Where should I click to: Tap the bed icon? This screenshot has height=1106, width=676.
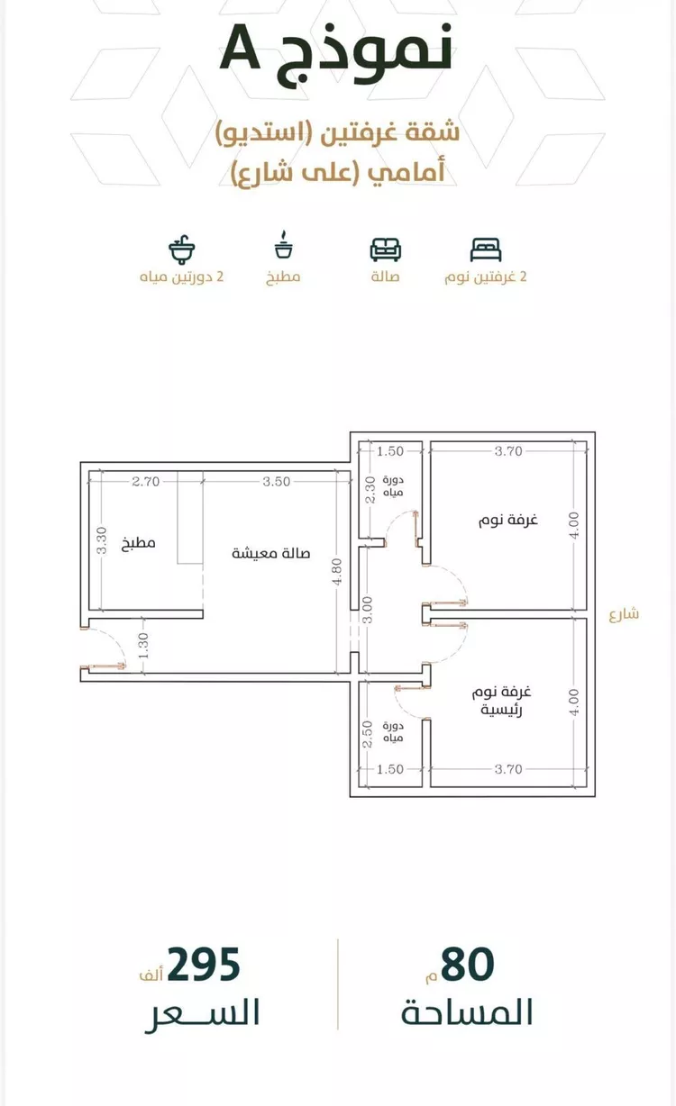[486, 249]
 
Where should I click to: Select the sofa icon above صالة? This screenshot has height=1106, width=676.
[386, 249]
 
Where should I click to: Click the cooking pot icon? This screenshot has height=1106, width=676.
[283, 244]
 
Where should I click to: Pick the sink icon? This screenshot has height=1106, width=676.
[182, 249]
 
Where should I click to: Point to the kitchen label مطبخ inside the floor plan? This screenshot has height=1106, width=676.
[139, 544]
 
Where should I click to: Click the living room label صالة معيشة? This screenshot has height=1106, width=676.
[270, 553]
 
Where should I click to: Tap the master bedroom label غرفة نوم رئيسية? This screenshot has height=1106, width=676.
[501, 701]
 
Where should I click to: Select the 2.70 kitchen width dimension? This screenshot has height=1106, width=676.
[146, 482]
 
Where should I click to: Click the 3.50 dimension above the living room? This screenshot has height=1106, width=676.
[276, 482]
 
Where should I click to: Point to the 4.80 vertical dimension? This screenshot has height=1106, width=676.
[337, 571]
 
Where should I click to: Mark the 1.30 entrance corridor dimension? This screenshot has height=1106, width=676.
[144, 646]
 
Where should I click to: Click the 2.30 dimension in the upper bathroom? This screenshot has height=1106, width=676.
[370, 490]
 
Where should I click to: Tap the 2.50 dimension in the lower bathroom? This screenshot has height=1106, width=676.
[367, 734]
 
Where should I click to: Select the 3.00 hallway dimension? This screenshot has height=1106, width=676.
[367, 610]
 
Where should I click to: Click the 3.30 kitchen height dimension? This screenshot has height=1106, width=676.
[101, 540]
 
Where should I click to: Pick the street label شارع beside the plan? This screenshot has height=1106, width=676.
[624, 615]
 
